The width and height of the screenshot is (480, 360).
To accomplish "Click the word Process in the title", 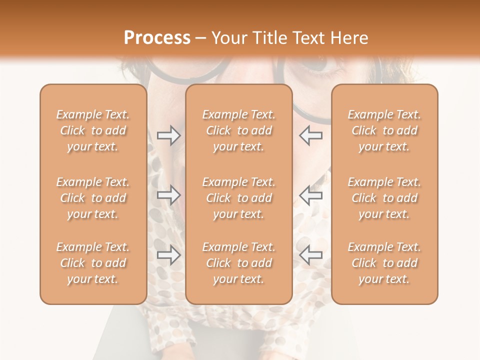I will [157, 38].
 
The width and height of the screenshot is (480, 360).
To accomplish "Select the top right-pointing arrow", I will [168, 135].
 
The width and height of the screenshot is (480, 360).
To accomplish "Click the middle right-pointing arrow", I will [168, 195].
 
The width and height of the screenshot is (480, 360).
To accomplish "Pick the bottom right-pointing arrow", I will [168, 255].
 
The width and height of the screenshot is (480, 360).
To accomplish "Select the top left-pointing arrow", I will [310, 135].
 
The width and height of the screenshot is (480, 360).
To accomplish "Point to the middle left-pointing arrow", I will [310, 195].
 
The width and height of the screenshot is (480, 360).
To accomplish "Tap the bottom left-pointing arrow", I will [310, 255].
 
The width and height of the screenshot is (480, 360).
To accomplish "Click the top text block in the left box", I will [93, 130].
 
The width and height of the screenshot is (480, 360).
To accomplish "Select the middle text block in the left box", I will [93, 198].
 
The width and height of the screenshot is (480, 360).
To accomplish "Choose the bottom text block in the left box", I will [93, 263].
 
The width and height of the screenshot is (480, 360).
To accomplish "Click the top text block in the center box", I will [239, 130].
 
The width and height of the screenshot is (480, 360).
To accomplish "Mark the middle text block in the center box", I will [239, 198].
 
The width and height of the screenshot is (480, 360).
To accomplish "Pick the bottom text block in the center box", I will [239, 263].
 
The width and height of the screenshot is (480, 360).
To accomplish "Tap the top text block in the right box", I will [384, 130].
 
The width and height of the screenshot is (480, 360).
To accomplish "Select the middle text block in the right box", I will [384, 198].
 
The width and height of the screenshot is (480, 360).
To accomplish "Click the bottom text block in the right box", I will [384, 263].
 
